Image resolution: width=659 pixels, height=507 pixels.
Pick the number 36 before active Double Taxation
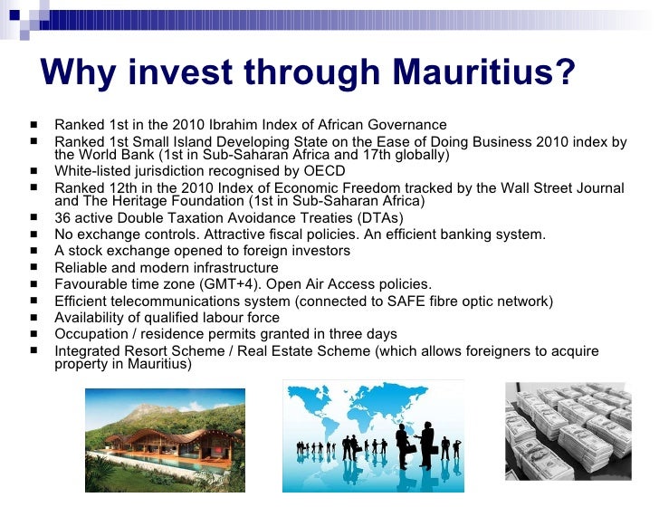tap(62, 218)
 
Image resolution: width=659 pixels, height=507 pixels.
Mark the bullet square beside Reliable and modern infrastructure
tap(33, 268)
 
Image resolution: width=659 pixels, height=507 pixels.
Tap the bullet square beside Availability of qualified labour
tap(33, 318)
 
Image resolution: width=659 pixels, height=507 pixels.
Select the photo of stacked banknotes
tap(568, 437)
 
